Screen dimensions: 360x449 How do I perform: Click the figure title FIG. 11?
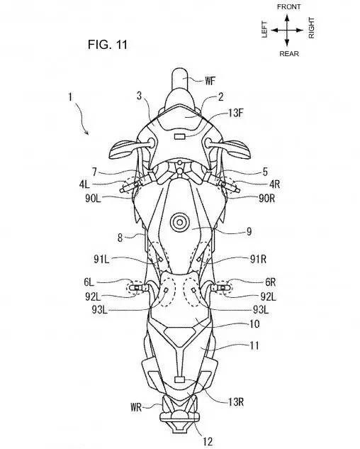107,45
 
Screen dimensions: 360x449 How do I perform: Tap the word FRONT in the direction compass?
288,6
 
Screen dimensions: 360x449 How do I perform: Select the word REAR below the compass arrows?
289,53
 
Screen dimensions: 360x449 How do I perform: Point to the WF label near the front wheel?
210,81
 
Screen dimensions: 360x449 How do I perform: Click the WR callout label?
136,407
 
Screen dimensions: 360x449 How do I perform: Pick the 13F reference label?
235,113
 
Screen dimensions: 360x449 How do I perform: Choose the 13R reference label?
236,402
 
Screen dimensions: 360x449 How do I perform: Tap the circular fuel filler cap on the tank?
179,222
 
